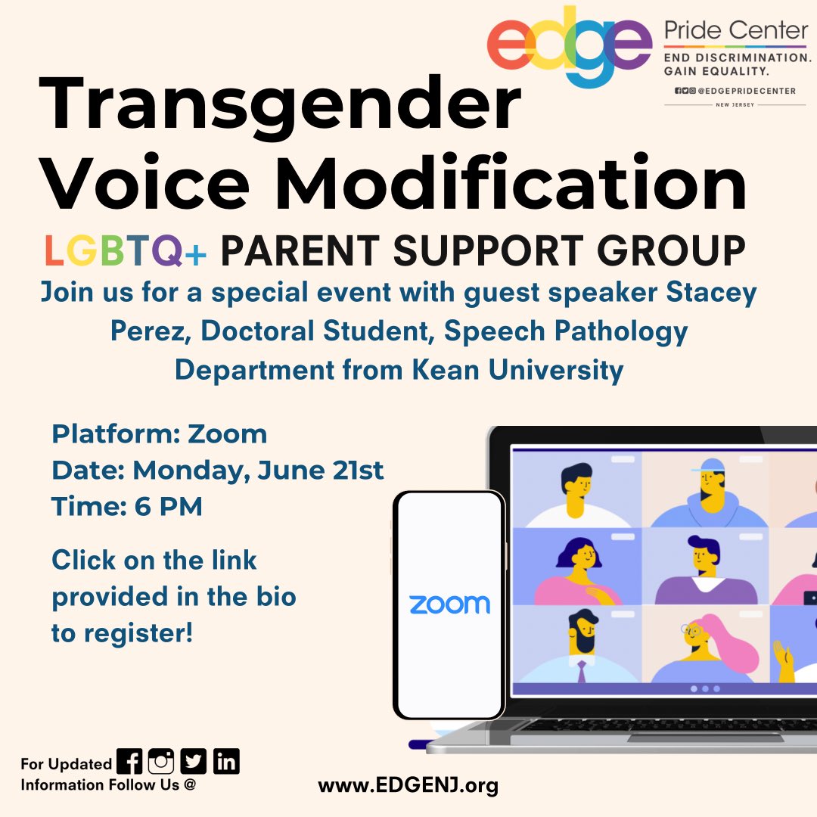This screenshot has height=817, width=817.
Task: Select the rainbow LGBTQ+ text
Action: click(x=125, y=250)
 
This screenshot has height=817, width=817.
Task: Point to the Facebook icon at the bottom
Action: click(x=129, y=761)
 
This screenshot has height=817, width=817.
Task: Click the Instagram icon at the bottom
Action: click(x=161, y=761)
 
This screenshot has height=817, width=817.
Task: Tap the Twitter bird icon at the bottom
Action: click(x=194, y=761)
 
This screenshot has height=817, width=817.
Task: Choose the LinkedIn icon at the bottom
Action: click(x=226, y=761)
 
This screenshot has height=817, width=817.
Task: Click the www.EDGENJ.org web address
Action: click(x=408, y=785)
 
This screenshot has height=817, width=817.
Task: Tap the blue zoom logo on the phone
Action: click(x=449, y=604)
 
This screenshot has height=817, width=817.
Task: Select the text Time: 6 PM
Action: click(x=127, y=506)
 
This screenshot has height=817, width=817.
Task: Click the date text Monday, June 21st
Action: click(x=258, y=470)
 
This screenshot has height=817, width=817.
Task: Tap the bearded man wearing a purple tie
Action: click(x=581, y=649)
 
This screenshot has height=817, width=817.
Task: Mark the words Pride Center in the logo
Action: click(x=735, y=32)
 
